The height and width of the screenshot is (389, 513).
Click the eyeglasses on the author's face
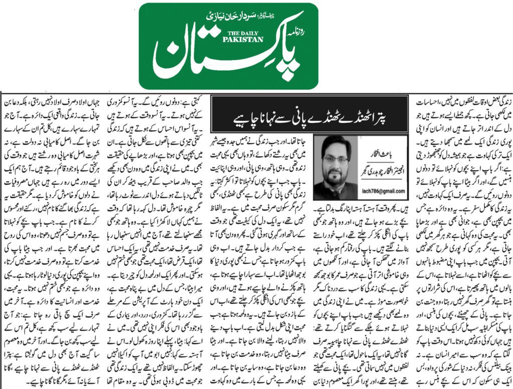point(335,159)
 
